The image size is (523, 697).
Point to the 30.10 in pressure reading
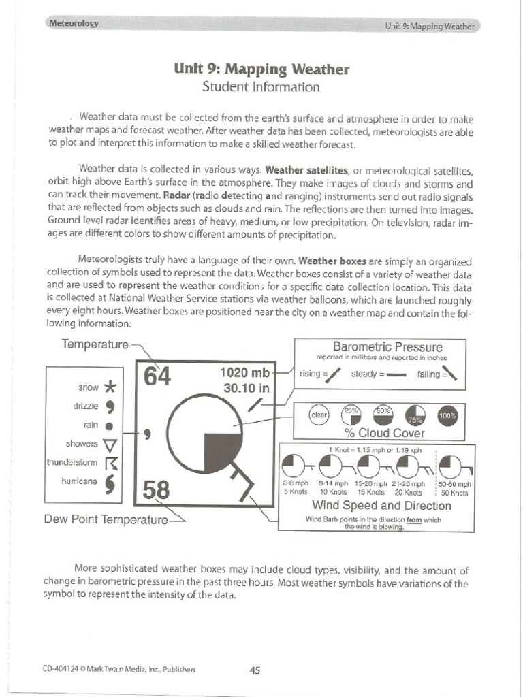point(247,389)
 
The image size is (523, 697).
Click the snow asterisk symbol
point(110,388)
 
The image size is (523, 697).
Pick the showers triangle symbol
point(110,445)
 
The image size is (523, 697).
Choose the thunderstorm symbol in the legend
point(110,464)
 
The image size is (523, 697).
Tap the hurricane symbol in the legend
point(110,483)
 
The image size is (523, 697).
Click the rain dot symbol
point(109,426)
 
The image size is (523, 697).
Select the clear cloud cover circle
point(319,414)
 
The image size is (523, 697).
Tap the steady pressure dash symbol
point(396,375)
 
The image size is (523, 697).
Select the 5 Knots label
point(296,492)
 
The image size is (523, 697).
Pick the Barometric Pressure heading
point(387,347)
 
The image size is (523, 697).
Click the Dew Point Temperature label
point(106,520)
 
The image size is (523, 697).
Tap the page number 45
point(255,670)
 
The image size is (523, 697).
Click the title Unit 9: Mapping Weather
point(261,69)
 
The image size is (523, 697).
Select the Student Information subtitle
point(261,87)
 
